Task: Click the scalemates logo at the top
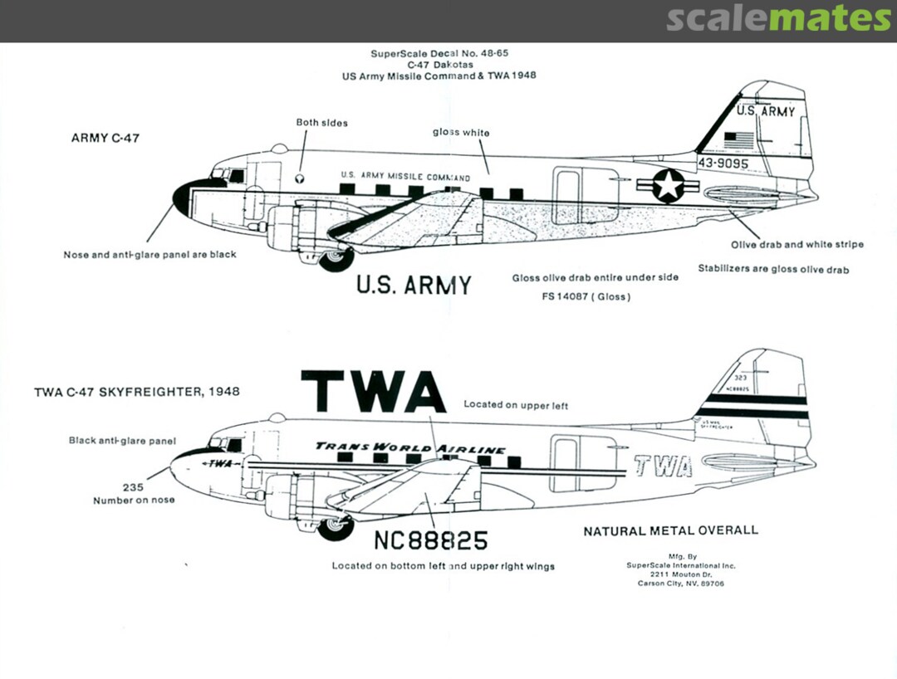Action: pyautogui.click(x=778, y=18)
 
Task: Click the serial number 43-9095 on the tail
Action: pyautogui.click(x=723, y=164)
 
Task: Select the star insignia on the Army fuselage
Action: pyautogui.click(x=668, y=186)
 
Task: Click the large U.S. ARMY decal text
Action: pyautogui.click(x=414, y=285)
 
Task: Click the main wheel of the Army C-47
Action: pyautogui.click(x=337, y=260)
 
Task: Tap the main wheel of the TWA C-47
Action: pyautogui.click(x=337, y=527)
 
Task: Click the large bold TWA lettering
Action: pyautogui.click(x=373, y=392)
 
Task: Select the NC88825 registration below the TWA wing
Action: pyautogui.click(x=430, y=540)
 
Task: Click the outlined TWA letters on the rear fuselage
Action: pyautogui.click(x=663, y=467)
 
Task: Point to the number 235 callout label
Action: pyautogui.click(x=133, y=487)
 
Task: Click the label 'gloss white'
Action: pyautogui.click(x=461, y=133)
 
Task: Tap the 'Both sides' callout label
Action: pyautogui.click(x=322, y=123)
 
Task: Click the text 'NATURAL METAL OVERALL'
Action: pyautogui.click(x=670, y=530)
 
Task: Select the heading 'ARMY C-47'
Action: pyautogui.click(x=105, y=138)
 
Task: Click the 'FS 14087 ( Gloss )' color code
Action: pyautogui.click(x=583, y=296)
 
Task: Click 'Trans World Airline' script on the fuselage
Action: pyautogui.click(x=410, y=448)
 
